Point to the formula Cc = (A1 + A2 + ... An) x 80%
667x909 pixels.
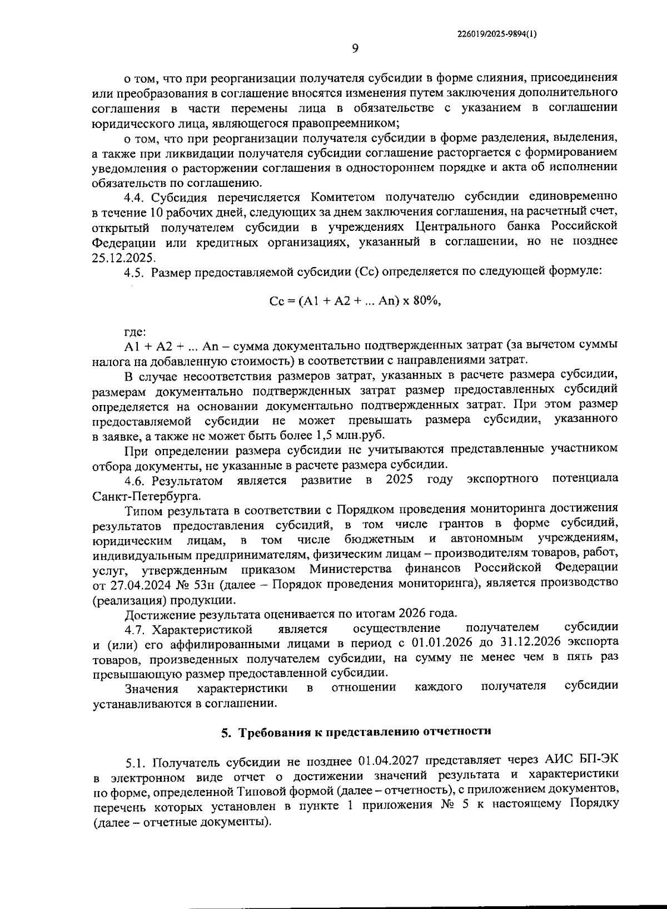[355, 301]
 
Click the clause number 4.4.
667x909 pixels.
[135, 197]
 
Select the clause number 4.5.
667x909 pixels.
[135, 272]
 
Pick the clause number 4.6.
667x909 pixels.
[135, 480]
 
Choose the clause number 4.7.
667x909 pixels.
[135, 630]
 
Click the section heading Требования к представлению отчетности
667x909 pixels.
[365, 732]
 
